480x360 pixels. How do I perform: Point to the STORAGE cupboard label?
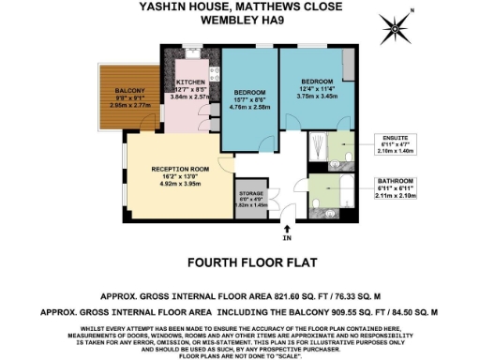click(252, 194)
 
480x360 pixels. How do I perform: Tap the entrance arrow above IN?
click(288, 227)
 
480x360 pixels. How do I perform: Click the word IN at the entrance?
click(288, 238)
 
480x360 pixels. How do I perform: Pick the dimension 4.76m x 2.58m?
click(251, 109)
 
